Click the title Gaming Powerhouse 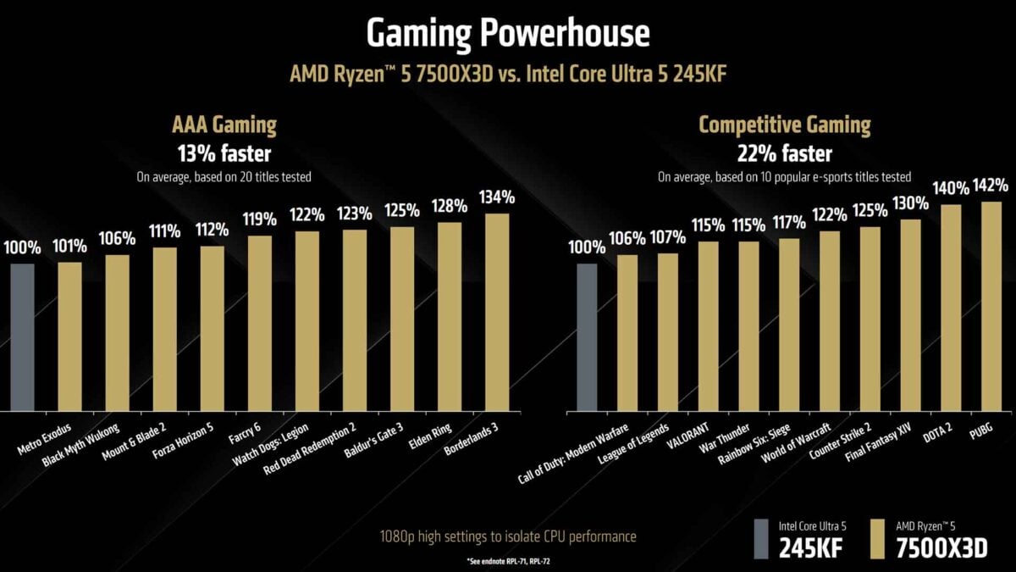click(x=508, y=33)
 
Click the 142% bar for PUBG click(x=991, y=306)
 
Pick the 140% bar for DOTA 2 click(x=952, y=308)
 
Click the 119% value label click(x=260, y=219)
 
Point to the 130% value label click(x=910, y=203)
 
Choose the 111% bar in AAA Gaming click(x=165, y=330)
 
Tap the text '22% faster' click(x=784, y=154)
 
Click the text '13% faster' click(x=225, y=154)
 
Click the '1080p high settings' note click(x=508, y=536)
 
